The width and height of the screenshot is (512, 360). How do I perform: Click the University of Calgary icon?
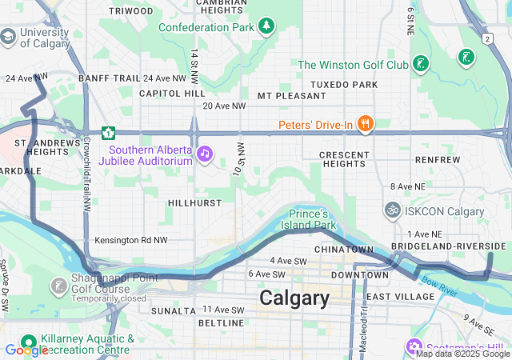(x=8, y=36)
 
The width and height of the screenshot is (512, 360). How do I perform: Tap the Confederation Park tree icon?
(x=266, y=27)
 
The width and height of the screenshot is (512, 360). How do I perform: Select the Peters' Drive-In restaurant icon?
(x=365, y=123)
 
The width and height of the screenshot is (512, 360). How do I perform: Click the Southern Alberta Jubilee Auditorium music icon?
(x=205, y=153)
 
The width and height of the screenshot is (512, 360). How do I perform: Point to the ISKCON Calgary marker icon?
(x=392, y=210)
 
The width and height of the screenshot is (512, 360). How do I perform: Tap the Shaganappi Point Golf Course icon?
(x=58, y=286)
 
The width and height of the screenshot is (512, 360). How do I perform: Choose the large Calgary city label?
(x=294, y=298)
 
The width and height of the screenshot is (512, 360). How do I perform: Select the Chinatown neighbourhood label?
(x=344, y=250)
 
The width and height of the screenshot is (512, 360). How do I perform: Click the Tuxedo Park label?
(x=343, y=84)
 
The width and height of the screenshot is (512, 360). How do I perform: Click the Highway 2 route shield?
(x=486, y=38)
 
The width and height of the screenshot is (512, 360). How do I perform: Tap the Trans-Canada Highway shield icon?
(x=108, y=132)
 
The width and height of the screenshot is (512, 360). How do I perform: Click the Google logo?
(x=26, y=350)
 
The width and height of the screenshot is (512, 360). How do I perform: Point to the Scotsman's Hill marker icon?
(x=414, y=346)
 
